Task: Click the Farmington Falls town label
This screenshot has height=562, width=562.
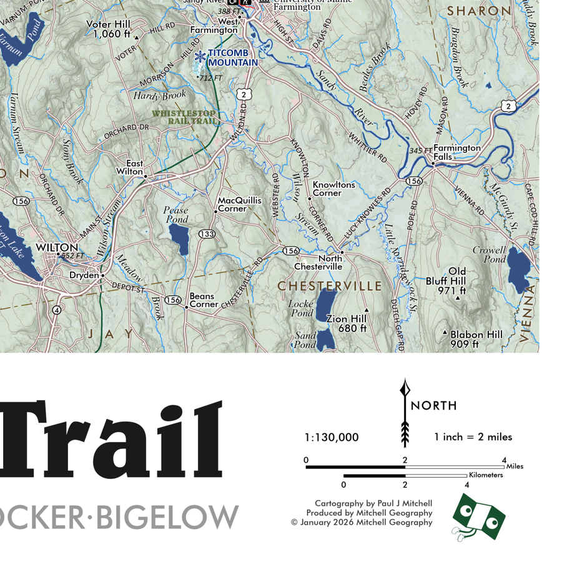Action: tap(457, 152)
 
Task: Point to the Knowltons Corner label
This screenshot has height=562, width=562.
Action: tap(334, 189)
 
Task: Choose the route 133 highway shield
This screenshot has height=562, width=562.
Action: tap(207, 234)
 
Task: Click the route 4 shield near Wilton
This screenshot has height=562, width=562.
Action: tap(57, 310)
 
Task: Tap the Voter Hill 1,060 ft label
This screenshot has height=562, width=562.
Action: tap(108, 29)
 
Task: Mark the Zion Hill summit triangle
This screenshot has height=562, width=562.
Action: tap(367, 310)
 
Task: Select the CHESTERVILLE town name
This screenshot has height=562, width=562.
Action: tap(330, 286)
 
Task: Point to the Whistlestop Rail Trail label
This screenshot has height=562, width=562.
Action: tap(185, 117)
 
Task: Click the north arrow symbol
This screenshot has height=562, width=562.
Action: tap(405, 412)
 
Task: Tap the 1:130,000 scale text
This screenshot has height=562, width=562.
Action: tap(332, 437)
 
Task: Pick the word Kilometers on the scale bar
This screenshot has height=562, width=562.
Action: tap(486, 475)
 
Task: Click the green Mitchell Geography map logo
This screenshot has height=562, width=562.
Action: tap(478, 516)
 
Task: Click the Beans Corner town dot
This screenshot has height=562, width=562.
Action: tap(186, 307)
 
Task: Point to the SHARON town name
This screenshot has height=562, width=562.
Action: tap(480, 11)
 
